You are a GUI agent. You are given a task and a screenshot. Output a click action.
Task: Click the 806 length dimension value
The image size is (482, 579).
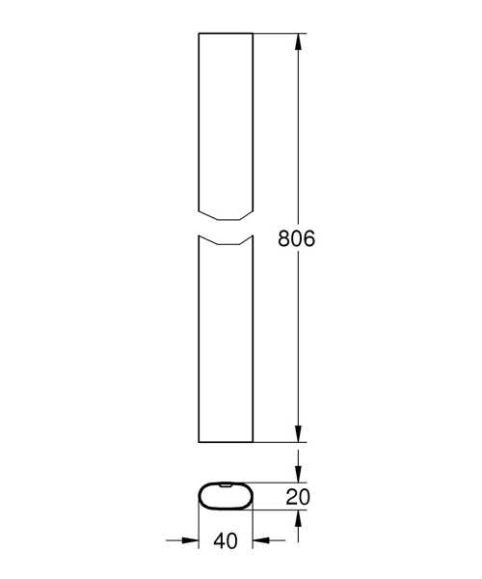point(297,238)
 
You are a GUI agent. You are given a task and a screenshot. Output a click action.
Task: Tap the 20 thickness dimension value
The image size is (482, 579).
point(298,497)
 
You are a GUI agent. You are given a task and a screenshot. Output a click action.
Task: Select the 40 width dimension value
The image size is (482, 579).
point(226,541)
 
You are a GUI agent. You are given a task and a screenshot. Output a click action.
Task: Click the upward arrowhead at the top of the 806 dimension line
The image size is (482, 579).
point(298,41)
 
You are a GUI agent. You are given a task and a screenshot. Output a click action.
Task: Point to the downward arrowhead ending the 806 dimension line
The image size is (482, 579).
point(298,434)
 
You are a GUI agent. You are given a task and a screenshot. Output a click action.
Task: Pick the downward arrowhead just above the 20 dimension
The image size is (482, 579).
point(298,474)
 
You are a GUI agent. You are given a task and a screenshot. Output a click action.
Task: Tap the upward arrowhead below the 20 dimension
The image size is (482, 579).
point(298,518)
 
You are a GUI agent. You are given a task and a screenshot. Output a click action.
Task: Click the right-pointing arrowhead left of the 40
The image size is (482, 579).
point(191,540)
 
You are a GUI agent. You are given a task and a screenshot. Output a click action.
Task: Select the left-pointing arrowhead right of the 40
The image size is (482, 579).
point(260,540)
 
